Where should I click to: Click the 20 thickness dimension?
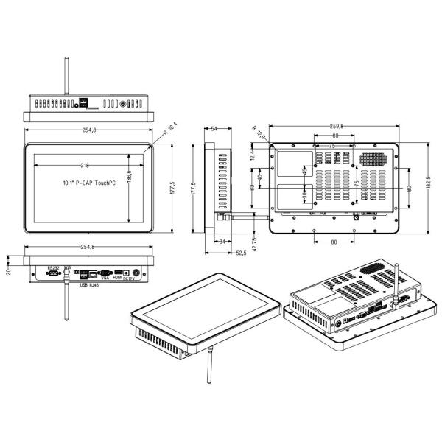click(x=9, y=272)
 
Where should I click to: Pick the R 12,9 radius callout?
click(x=259, y=131)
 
